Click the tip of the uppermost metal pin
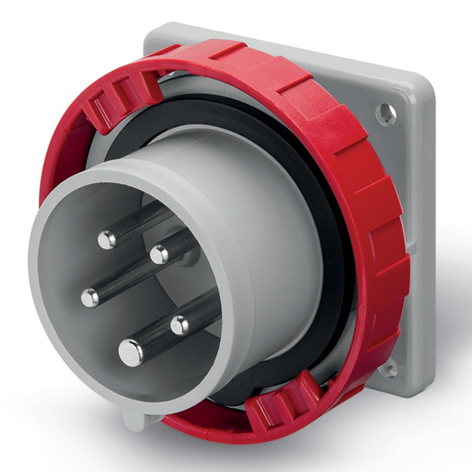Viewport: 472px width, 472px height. [x=107, y=239]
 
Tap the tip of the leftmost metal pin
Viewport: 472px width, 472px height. [x=90, y=298]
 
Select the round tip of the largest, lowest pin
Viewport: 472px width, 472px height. [x=130, y=352]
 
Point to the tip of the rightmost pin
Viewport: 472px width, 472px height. [x=179, y=324]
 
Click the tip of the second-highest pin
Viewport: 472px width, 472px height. [x=159, y=254]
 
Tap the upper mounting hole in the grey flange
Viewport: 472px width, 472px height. [x=386, y=113]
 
